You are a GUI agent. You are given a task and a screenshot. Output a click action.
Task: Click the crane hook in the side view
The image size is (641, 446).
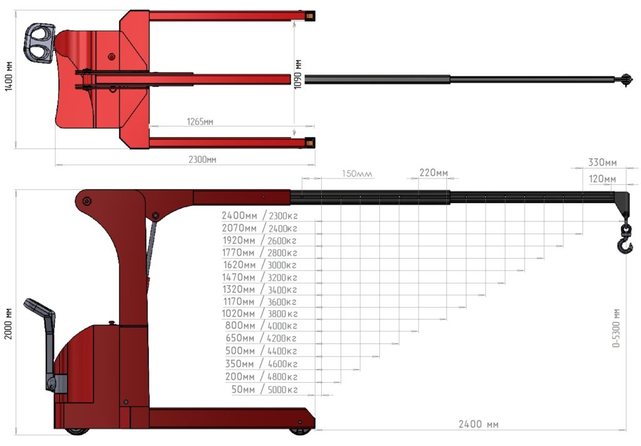[624, 239]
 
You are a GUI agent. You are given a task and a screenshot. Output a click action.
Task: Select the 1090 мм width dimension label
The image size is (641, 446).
[299, 73]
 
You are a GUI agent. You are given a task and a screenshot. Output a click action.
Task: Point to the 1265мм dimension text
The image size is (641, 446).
[202, 122]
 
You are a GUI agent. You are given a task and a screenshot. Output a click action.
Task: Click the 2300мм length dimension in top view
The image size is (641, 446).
[202, 160]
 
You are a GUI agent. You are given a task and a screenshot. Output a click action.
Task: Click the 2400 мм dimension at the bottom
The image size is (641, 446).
[478, 424]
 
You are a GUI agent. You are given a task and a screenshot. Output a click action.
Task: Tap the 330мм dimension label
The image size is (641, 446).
[602, 163]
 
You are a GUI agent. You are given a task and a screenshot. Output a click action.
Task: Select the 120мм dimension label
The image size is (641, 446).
[602, 179]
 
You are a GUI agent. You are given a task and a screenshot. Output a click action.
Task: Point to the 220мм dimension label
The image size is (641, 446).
[433, 173]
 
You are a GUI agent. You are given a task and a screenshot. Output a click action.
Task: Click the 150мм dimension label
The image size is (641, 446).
[357, 173]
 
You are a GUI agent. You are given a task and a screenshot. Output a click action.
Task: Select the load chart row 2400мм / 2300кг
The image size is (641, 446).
[259, 215]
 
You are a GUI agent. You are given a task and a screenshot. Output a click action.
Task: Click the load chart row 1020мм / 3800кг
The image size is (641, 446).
[259, 314]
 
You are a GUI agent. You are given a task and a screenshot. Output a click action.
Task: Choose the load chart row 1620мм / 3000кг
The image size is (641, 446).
[259, 265]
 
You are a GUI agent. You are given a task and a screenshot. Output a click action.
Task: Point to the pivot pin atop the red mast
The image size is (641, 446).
[86, 200]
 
